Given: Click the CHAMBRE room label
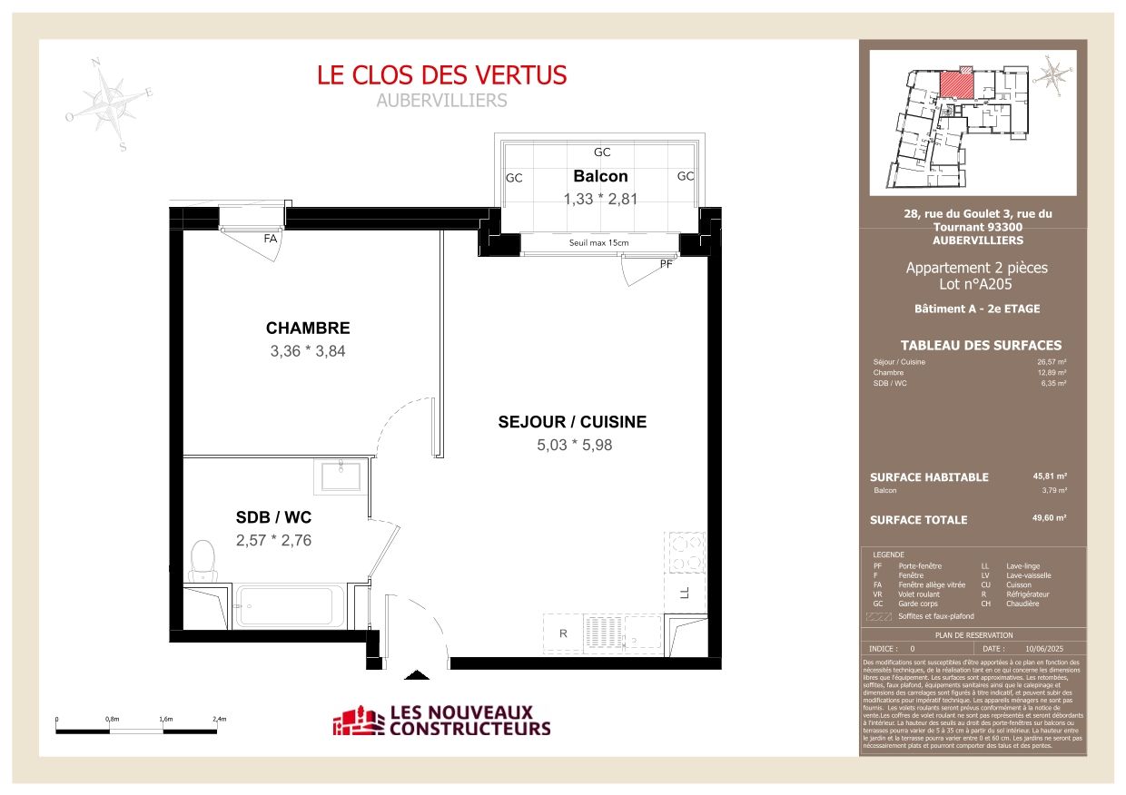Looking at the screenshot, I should point(307,329).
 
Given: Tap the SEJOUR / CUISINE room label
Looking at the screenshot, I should point(572,422).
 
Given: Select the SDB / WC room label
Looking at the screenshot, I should point(273,517).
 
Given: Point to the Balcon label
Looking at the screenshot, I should point(600,176).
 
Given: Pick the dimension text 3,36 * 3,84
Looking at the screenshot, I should point(307,351).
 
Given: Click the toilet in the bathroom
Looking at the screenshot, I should point(203,560).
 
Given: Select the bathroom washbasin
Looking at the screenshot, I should point(341,475).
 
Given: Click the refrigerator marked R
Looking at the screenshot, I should point(563,633).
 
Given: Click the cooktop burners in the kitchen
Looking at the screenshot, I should point(685,552).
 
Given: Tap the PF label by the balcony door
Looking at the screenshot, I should point(667,264).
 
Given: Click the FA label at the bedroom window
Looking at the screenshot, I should point(270,240).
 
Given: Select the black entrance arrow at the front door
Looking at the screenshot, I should point(416,674).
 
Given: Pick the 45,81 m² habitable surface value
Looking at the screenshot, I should point(1049,476).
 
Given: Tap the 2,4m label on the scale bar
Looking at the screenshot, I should point(219,719).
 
